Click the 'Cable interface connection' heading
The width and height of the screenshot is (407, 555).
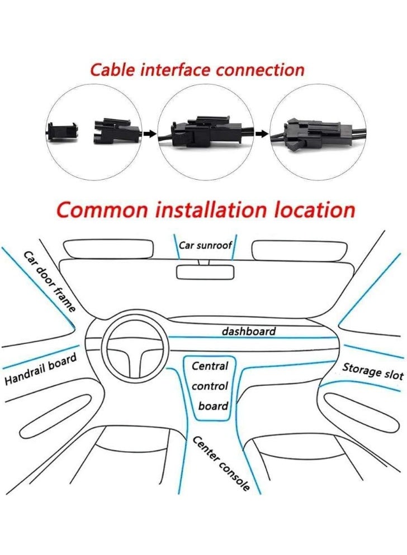(x=197, y=70)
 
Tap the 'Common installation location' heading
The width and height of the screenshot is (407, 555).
(x=206, y=210)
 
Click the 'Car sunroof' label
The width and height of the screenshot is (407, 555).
(x=205, y=245)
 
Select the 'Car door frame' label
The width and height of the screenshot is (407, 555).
(x=49, y=282)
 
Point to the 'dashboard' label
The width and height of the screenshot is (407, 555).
(x=249, y=331)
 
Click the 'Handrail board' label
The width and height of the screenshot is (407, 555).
(x=40, y=369)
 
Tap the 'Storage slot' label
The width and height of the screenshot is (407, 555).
(x=372, y=371)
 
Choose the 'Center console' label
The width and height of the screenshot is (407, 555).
(x=221, y=463)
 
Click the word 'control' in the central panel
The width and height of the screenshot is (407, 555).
(x=210, y=385)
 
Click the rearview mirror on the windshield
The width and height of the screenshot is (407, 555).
(x=205, y=272)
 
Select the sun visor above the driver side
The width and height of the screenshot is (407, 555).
(x=108, y=249)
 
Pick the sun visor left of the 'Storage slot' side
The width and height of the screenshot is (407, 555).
(x=299, y=251)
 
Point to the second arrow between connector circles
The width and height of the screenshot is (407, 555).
(x=262, y=133)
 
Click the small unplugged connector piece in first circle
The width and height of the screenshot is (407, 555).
(x=63, y=132)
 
